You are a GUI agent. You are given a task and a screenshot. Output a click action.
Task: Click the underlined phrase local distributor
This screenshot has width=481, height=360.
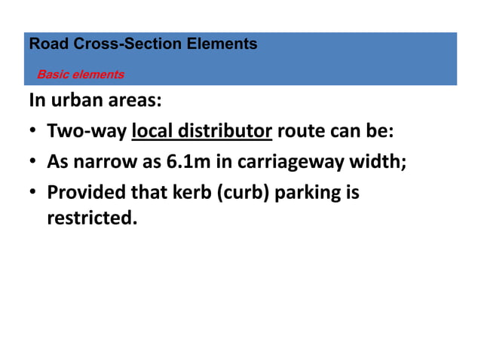[x=201, y=132]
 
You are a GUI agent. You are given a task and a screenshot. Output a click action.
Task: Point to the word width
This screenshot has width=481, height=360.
[x=383, y=161]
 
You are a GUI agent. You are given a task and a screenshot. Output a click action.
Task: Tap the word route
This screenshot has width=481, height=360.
[x=301, y=132]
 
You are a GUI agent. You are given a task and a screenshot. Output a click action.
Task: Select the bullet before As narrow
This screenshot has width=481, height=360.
[x=34, y=162]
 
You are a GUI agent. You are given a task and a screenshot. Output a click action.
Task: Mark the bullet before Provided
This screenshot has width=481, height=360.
[x=34, y=193]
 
